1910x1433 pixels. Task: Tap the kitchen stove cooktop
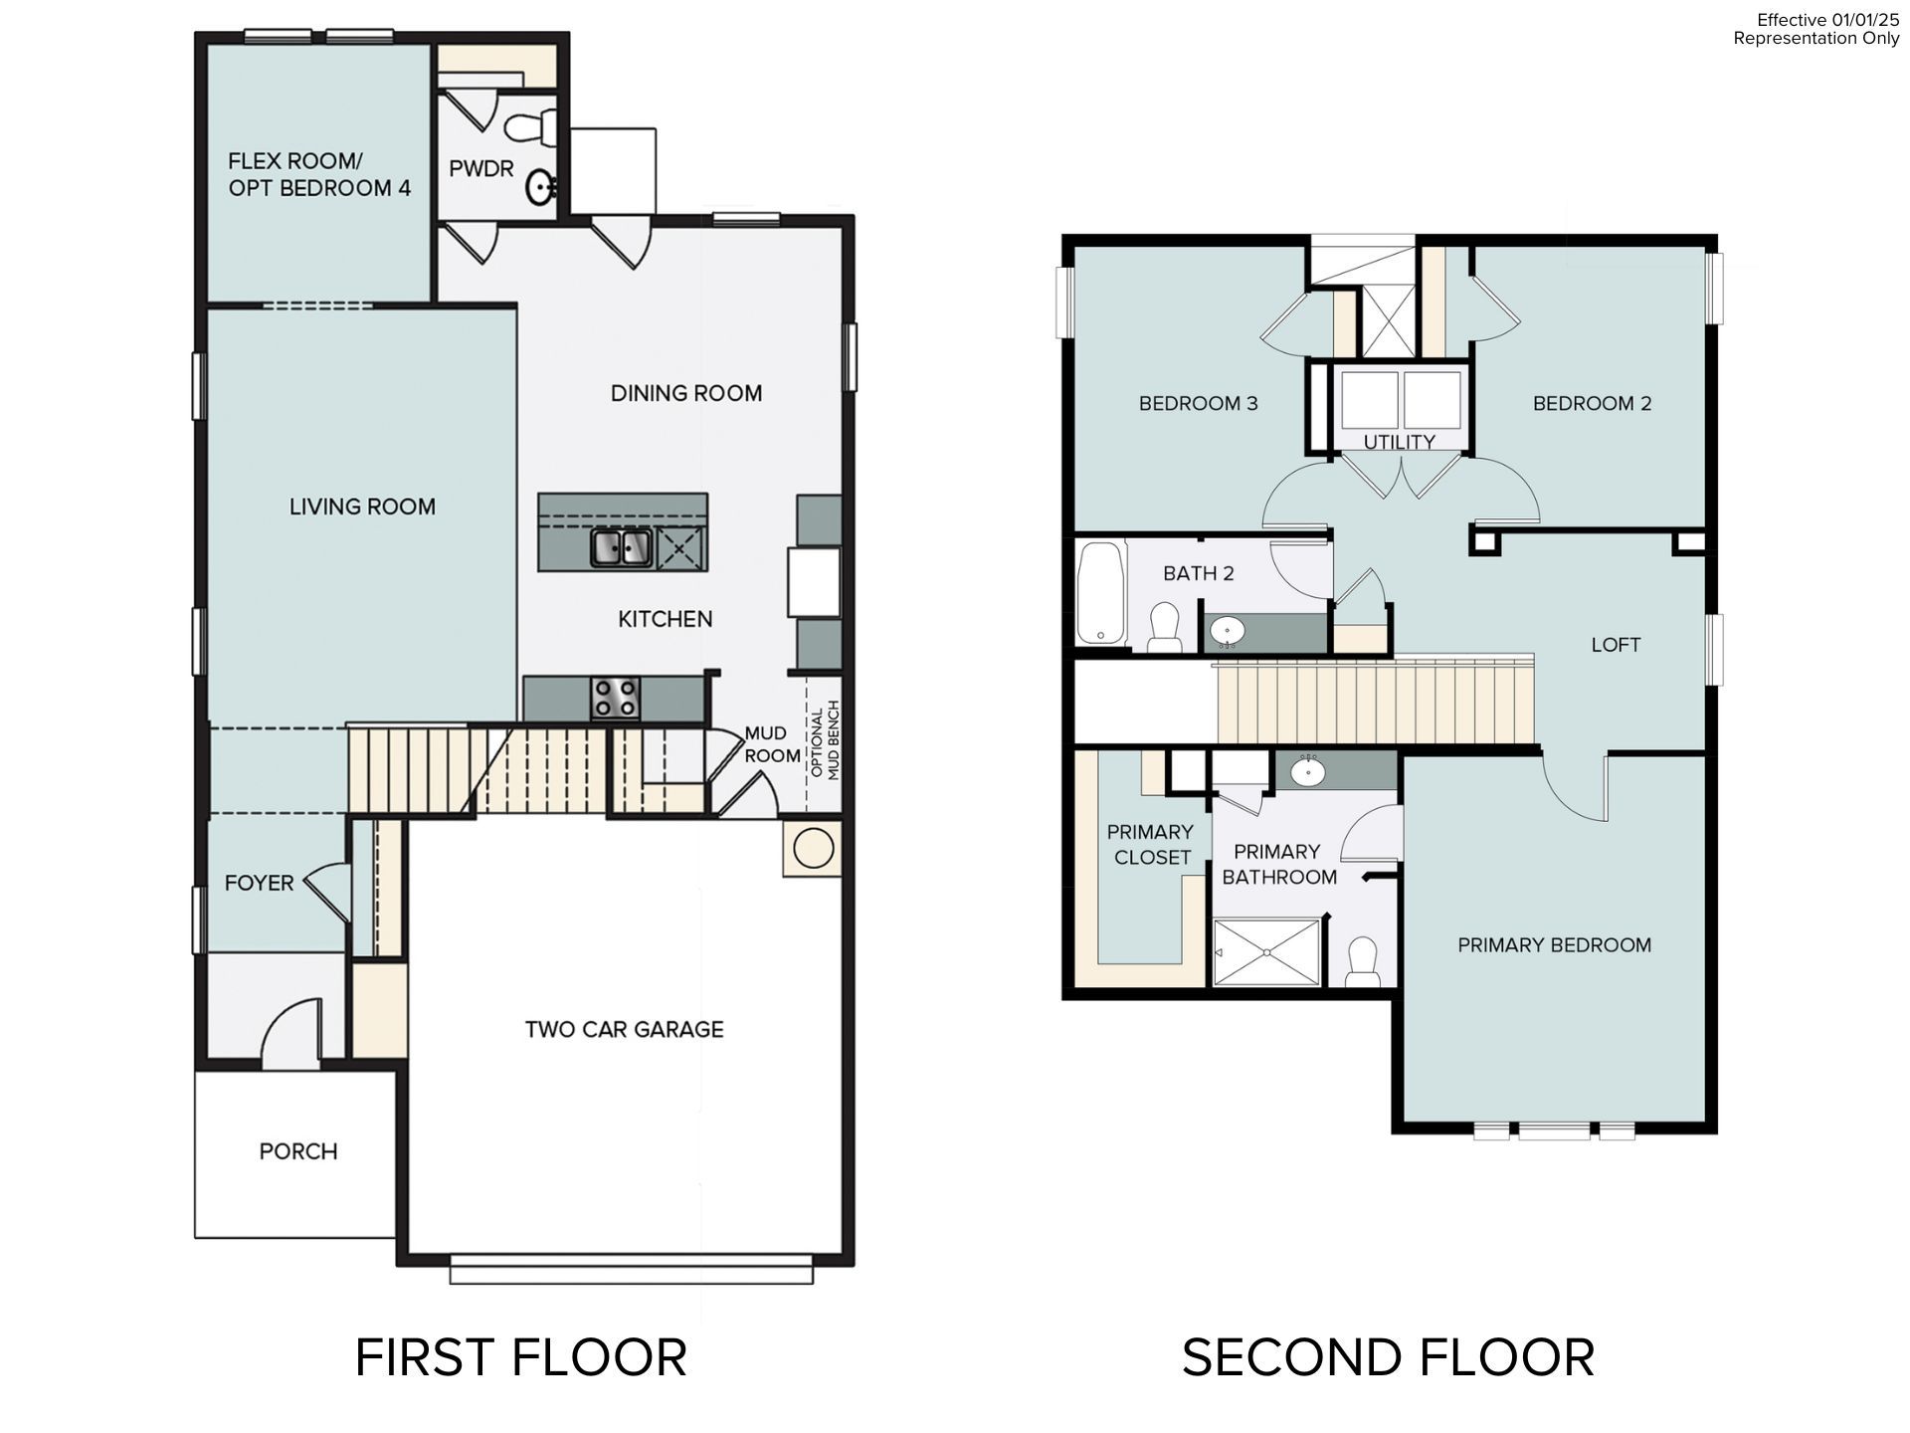coord(615,697)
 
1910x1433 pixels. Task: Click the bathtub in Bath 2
coord(1101,593)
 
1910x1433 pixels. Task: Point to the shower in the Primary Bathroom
coord(1266,952)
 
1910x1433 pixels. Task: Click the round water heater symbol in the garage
coord(813,849)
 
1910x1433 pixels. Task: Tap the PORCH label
coord(298,1151)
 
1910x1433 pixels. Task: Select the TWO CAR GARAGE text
coord(624,1029)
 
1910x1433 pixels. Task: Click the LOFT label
coord(1616,645)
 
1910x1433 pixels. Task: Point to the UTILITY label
coord(1399,442)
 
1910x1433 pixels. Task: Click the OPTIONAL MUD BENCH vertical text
coord(826,740)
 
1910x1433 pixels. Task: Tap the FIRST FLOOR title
coord(520,1358)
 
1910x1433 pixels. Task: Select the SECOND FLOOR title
coord(1388,1358)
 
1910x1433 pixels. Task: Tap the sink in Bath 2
coord(1229,630)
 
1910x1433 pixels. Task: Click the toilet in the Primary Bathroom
coord(1361,962)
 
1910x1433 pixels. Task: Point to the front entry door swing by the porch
coord(291,1030)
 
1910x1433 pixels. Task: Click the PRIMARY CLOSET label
coord(1151,844)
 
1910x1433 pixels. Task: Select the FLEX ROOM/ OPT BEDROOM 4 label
coord(319,174)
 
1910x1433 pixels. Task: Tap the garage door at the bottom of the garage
coord(631,1271)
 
